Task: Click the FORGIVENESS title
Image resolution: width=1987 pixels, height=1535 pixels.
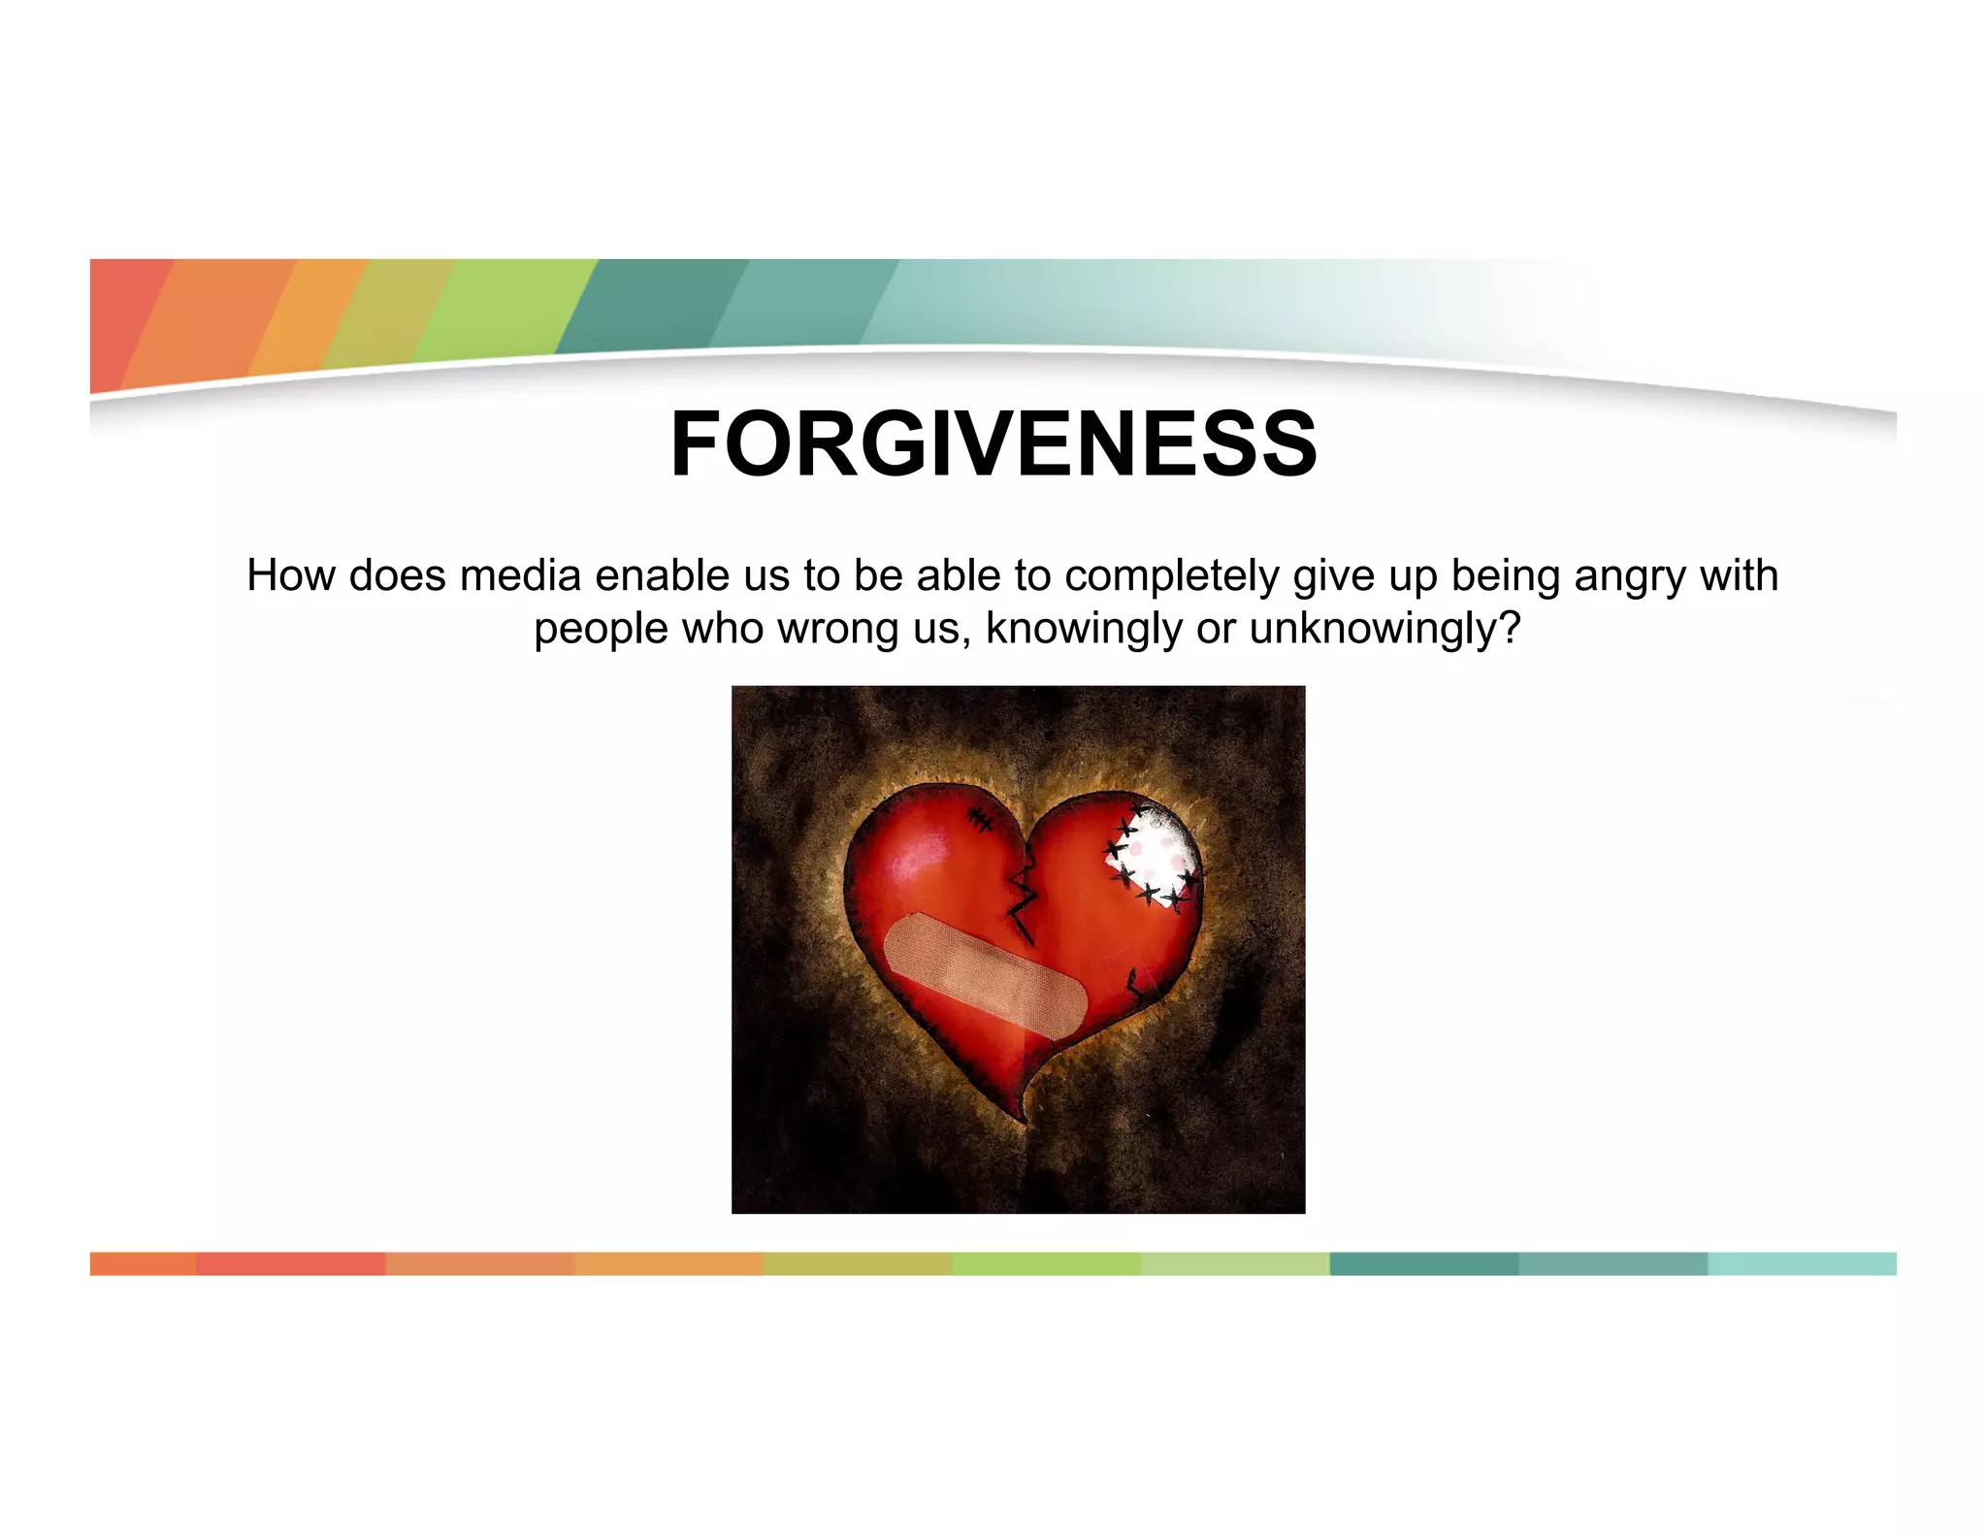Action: (993, 443)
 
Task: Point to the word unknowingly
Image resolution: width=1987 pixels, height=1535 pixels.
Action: (1384, 629)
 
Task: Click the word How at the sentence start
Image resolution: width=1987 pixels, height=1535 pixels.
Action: (291, 576)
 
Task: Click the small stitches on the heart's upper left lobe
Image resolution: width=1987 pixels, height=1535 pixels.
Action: (980, 818)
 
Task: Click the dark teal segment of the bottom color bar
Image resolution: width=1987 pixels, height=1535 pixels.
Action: (1422, 1263)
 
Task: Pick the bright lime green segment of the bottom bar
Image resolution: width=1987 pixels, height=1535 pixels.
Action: (1046, 1263)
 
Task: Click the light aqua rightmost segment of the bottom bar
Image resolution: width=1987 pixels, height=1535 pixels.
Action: (1801, 1263)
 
